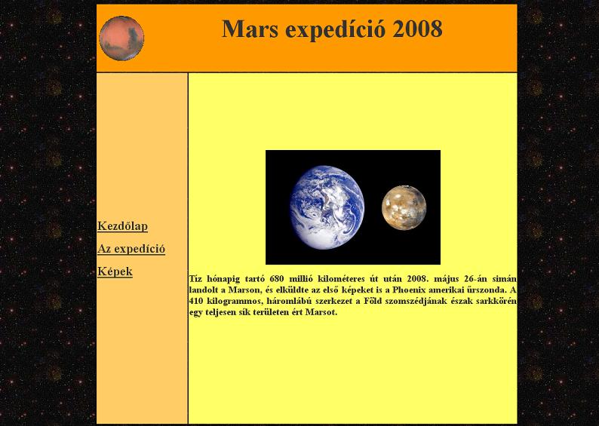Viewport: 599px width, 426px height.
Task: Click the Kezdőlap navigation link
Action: pyautogui.click(x=123, y=226)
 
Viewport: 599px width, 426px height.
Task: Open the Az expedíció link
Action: pyautogui.click(x=131, y=249)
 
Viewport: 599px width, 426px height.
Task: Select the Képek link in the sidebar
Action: pyautogui.click(x=115, y=271)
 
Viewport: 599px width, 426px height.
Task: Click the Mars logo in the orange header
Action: pyautogui.click(x=121, y=38)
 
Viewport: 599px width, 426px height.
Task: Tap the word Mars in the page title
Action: pyautogui.click(x=250, y=29)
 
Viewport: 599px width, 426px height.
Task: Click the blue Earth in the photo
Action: pyautogui.click(x=327, y=207)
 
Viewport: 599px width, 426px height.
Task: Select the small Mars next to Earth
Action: pyautogui.click(x=404, y=207)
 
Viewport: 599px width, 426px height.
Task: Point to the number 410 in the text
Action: pyautogui.click(x=196, y=300)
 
